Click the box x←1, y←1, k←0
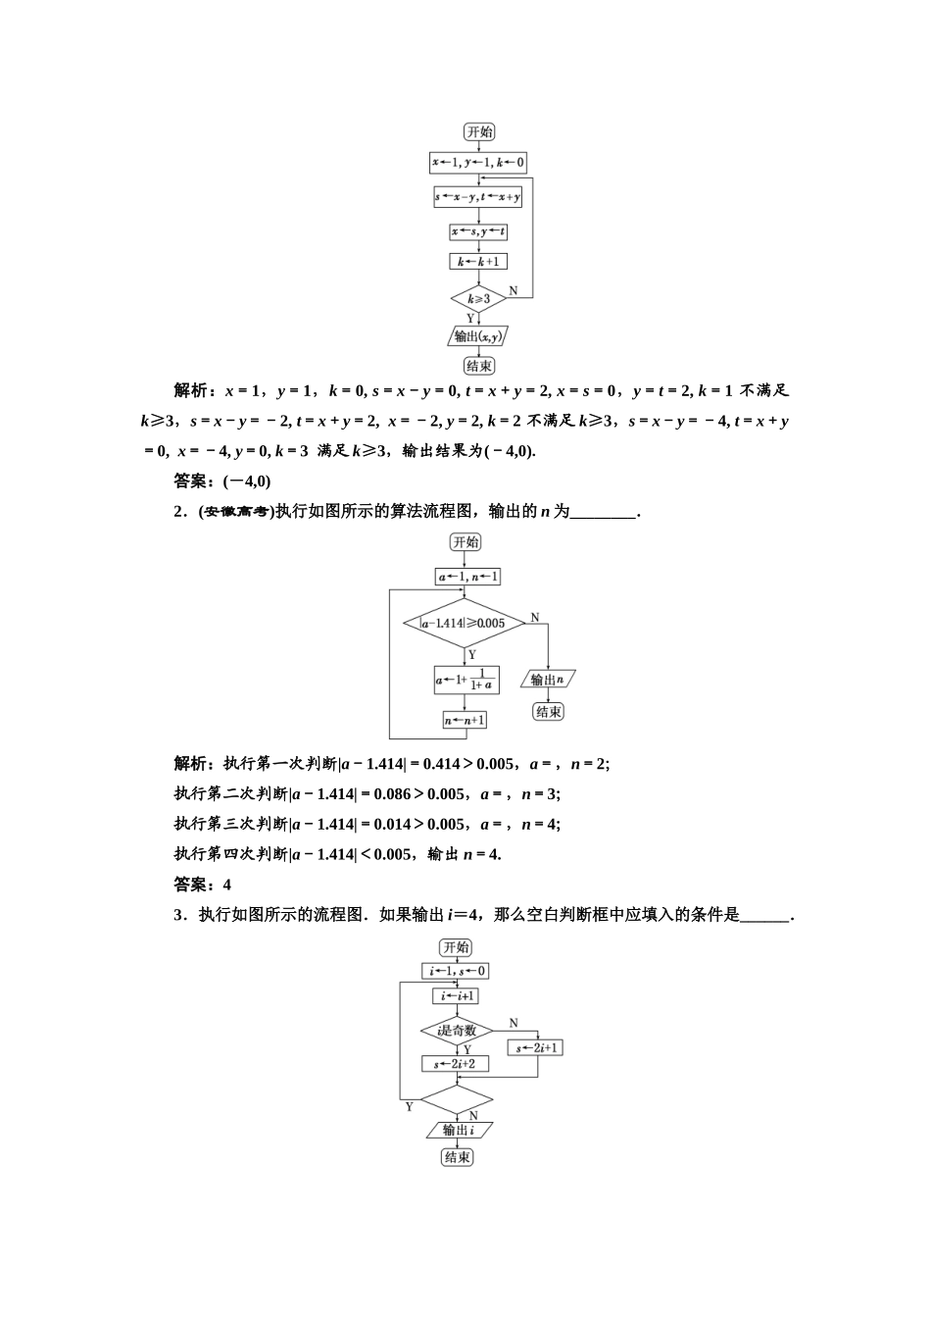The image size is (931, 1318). point(479,163)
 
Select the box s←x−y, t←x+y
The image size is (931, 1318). point(478,198)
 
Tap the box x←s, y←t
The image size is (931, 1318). point(478,232)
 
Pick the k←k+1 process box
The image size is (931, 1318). point(478,262)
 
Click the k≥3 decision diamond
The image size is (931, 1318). point(478,298)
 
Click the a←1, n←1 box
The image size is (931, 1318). point(467,577)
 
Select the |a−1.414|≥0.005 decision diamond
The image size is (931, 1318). point(464,623)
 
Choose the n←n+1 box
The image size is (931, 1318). point(465,720)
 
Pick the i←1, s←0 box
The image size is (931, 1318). point(457,972)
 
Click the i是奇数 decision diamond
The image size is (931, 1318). point(457,1030)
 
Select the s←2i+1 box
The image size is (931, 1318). point(537,1048)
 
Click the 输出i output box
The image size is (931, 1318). point(458,1131)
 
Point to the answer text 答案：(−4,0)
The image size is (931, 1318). point(222,481)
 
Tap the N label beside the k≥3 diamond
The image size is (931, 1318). point(513,291)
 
